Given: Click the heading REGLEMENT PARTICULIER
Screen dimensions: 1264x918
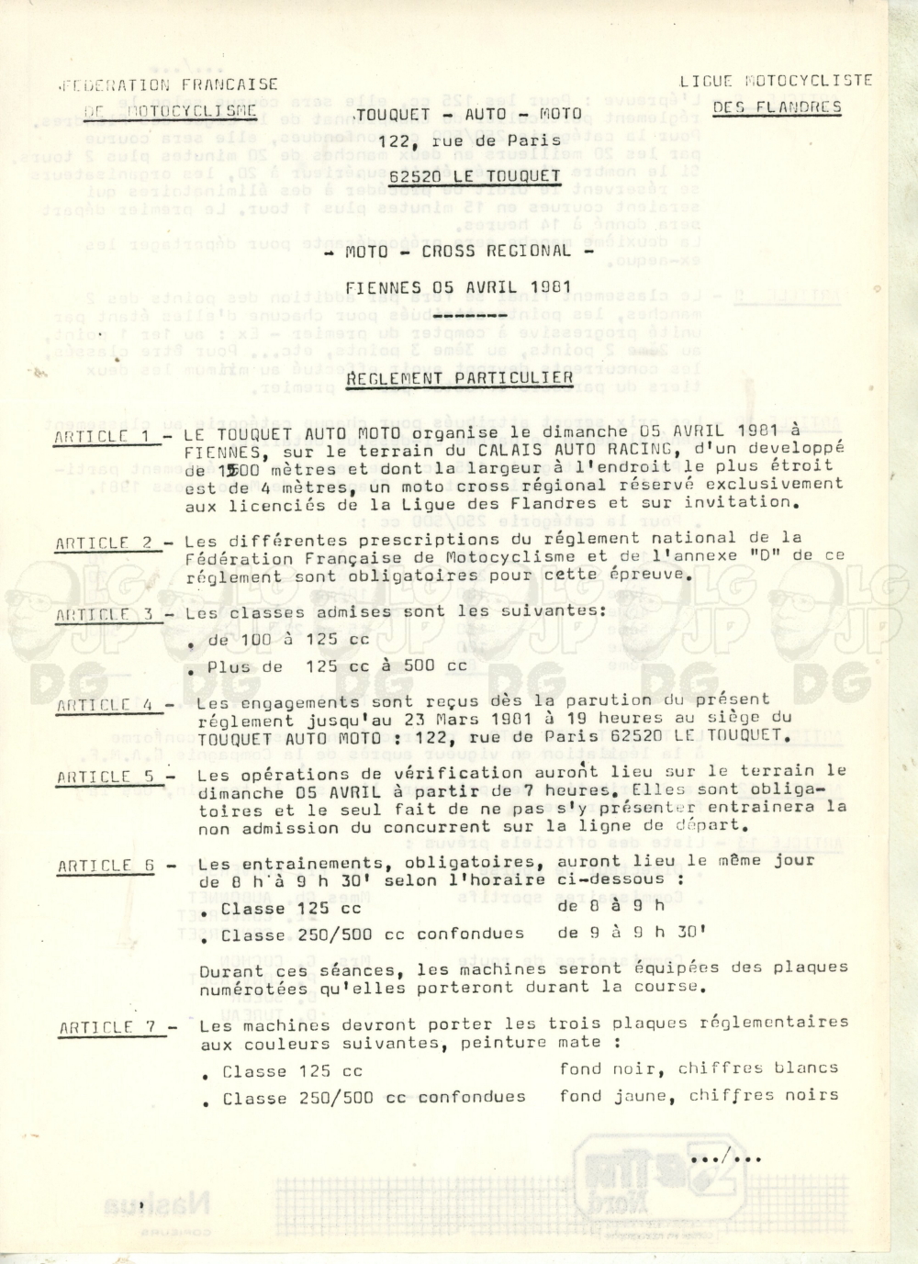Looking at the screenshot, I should [x=460, y=378].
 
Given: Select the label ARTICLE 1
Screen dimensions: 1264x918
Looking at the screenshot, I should [x=105, y=437].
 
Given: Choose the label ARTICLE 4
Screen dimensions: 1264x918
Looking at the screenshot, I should [x=106, y=705].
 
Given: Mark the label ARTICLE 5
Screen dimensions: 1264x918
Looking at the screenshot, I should [x=106, y=777].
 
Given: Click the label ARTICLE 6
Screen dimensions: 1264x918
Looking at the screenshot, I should [x=107, y=866].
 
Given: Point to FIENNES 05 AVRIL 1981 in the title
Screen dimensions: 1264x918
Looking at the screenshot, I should [x=458, y=287].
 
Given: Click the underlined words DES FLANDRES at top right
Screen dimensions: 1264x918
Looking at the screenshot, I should [x=777, y=106].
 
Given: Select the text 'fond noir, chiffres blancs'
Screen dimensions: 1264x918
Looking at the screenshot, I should [x=699, y=1068].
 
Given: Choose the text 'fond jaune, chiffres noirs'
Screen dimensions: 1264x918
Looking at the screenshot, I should [x=699, y=1095].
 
